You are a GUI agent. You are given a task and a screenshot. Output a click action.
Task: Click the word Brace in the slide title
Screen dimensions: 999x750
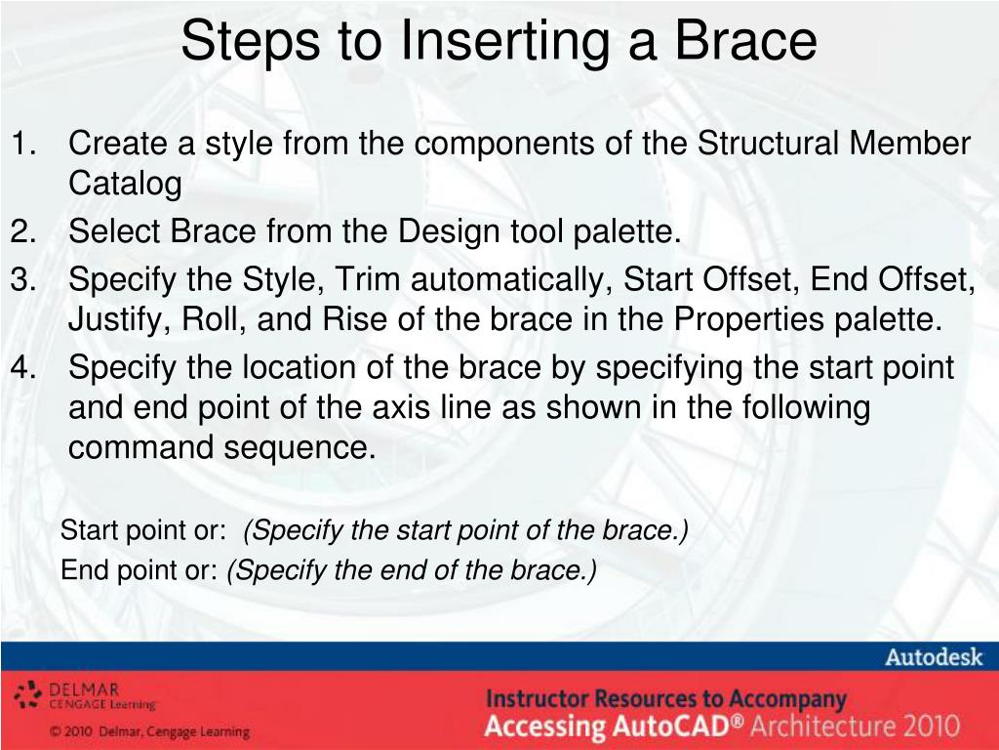[x=745, y=40]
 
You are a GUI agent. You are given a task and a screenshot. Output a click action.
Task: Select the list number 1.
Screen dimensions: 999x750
[x=23, y=143]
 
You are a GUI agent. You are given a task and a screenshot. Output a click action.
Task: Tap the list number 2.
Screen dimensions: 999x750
[x=23, y=230]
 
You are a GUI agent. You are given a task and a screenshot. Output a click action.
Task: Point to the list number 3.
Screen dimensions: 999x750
[x=23, y=279]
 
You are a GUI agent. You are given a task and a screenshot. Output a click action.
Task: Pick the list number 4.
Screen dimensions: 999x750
[x=23, y=367]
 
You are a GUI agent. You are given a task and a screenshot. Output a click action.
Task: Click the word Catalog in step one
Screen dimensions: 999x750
[x=125, y=185]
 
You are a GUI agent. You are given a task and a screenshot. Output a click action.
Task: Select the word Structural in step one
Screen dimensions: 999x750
[x=767, y=143]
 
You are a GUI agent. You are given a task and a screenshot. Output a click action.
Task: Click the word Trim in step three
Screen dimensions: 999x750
[x=367, y=278]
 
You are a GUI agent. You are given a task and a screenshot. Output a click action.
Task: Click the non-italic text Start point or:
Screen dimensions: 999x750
[x=143, y=531]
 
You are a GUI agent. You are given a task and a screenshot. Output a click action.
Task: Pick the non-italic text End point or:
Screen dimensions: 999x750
[x=140, y=570]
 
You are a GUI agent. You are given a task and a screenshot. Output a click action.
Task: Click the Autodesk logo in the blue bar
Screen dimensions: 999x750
[x=934, y=657]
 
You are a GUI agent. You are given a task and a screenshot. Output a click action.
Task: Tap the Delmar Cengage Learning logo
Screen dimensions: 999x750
[x=86, y=695]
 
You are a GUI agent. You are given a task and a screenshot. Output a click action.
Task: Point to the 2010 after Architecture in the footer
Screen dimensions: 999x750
[x=931, y=727]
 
